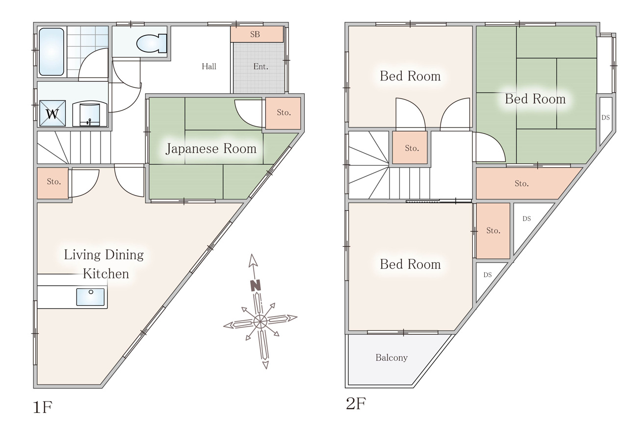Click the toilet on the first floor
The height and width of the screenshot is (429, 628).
point(152,43)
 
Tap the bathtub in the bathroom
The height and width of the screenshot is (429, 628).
point(52,51)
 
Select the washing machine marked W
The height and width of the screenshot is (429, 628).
point(52,113)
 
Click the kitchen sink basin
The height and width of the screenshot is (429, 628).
point(90,297)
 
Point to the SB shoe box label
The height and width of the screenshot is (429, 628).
point(255,34)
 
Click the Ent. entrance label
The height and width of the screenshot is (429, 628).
point(261,67)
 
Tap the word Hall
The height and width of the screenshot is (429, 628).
point(209,66)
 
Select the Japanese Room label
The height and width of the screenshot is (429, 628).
point(211,149)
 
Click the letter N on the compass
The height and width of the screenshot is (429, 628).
point(256,285)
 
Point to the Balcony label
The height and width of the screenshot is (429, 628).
point(392,358)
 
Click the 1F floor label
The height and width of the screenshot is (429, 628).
point(43,407)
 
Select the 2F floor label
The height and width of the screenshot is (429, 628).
point(356,404)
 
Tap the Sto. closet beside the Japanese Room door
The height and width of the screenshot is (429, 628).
point(283,113)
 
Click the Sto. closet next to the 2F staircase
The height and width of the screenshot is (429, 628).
point(410,148)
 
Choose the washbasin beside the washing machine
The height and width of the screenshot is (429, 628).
point(90,114)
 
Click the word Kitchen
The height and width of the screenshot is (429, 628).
point(106,274)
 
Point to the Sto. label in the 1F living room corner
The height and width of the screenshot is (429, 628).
point(53,181)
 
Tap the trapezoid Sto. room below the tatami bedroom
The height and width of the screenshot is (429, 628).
point(525,183)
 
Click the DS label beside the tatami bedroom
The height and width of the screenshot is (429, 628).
point(605,117)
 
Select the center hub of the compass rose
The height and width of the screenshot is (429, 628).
point(260,322)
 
